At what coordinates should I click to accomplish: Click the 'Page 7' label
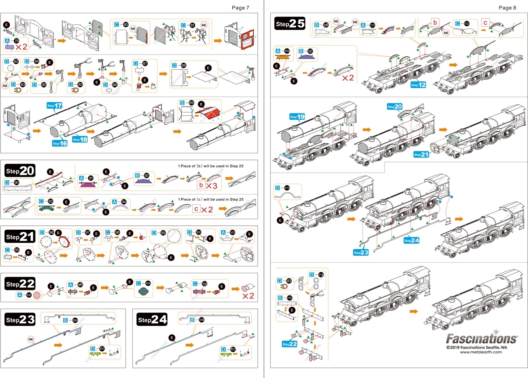(x=240, y=8)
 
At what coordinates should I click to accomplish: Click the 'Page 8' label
(x=507, y=8)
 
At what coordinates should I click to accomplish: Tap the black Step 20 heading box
(x=20, y=171)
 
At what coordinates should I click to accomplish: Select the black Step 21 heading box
(x=20, y=237)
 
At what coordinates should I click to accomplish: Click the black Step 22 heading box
(x=20, y=284)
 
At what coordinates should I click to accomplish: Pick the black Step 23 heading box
(x=20, y=320)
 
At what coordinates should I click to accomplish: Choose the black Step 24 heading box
(x=152, y=320)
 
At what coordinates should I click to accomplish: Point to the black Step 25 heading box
(x=290, y=24)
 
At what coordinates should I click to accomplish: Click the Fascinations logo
(x=482, y=339)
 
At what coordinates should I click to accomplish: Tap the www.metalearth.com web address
(x=481, y=352)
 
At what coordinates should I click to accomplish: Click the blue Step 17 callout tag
(x=55, y=105)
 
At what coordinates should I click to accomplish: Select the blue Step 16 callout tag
(x=59, y=143)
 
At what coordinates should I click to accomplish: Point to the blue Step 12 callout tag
(x=418, y=85)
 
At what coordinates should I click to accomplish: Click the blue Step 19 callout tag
(x=297, y=117)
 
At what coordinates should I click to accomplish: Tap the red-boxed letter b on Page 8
(x=435, y=23)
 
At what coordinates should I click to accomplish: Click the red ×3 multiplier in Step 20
(x=211, y=186)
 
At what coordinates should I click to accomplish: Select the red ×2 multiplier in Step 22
(x=248, y=296)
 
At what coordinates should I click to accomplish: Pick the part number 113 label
(x=287, y=188)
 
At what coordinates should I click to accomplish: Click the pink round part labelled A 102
(x=37, y=295)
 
